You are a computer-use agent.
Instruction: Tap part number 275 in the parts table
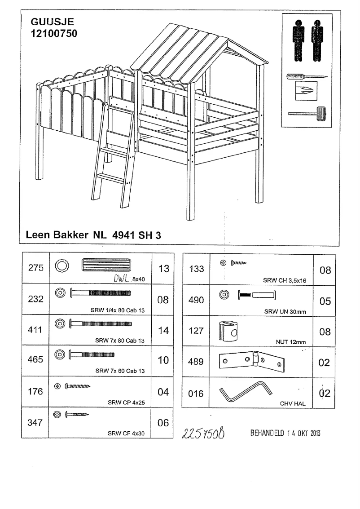click(35, 268)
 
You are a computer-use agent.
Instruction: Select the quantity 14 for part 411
click(163, 330)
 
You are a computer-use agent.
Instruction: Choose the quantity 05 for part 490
click(325, 301)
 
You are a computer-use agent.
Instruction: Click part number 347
click(35, 422)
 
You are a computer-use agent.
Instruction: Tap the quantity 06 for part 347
click(163, 423)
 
